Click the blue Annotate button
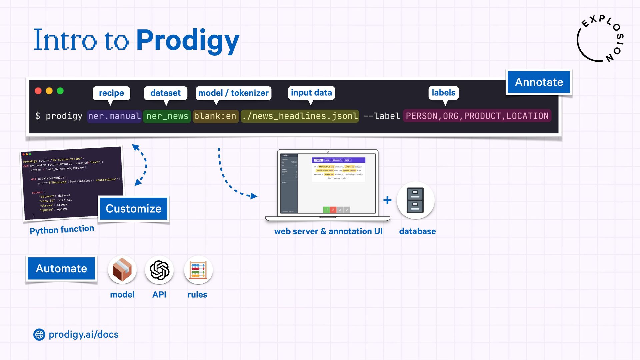(539, 82)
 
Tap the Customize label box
(133, 209)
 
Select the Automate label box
(61, 268)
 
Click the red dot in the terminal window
(38, 91)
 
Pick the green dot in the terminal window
(60, 91)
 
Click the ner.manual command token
(114, 116)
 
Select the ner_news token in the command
(167, 116)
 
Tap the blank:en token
(215, 116)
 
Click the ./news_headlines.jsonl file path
(300, 116)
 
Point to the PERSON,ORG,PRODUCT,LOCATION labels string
(477, 116)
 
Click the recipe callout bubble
(111, 93)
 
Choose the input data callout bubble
(311, 93)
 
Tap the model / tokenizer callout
(233, 93)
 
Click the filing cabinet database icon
(415, 200)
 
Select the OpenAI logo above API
(159, 270)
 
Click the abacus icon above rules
(198, 270)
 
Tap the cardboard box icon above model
(122, 270)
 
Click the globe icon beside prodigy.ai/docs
(39, 335)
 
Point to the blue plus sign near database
(387, 200)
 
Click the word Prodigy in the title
(188, 41)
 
